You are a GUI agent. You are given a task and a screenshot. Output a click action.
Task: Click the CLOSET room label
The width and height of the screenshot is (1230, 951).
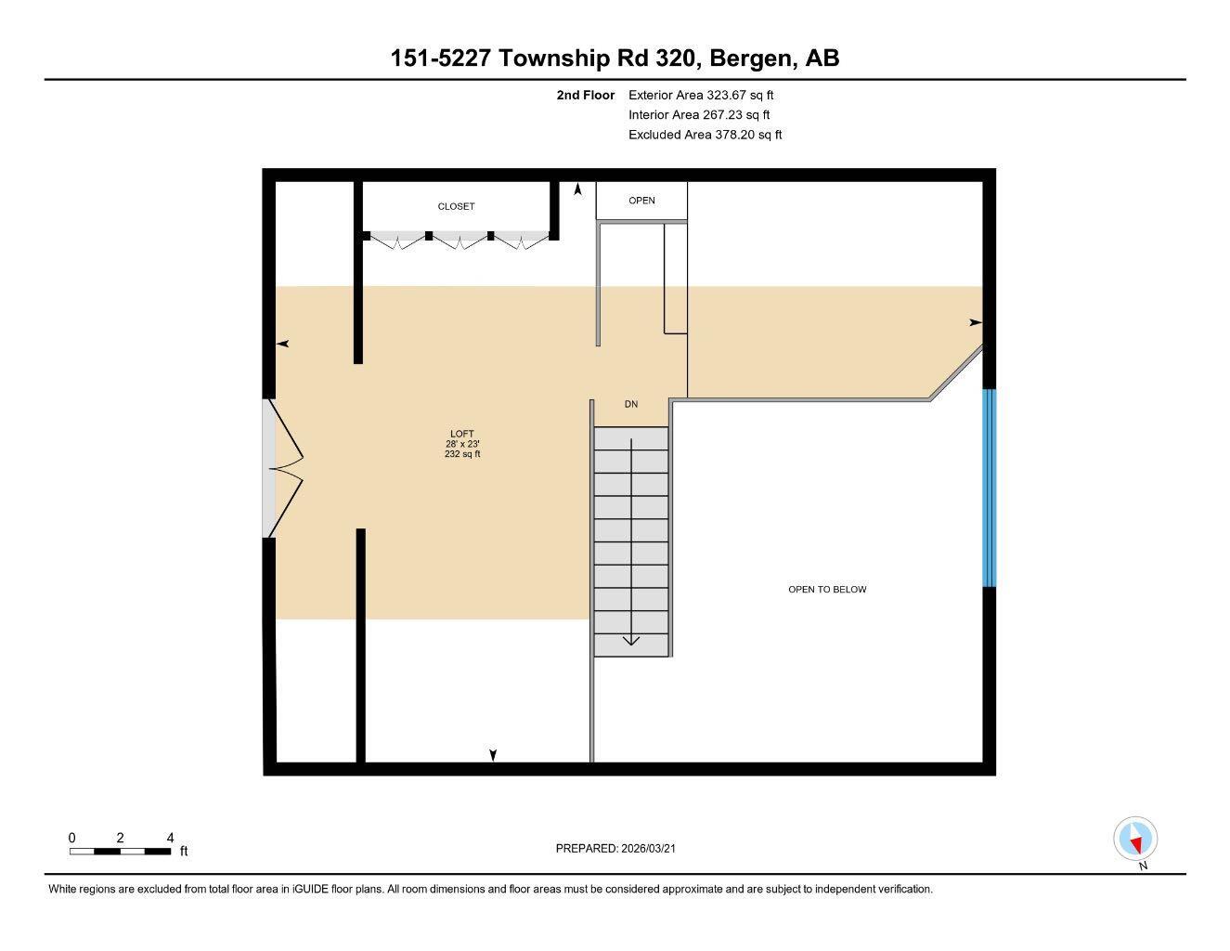(x=456, y=206)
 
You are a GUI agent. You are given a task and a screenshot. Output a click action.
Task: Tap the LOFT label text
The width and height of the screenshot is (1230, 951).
(x=462, y=434)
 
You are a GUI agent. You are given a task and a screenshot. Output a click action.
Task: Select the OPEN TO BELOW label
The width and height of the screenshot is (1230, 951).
(x=827, y=590)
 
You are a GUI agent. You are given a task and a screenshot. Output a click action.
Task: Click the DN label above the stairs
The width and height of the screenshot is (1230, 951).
(x=631, y=404)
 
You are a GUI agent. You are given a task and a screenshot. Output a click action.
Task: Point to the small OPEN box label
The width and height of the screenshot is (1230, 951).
(x=641, y=201)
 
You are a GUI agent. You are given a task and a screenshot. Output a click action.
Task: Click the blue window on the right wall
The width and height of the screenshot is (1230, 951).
(x=990, y=488)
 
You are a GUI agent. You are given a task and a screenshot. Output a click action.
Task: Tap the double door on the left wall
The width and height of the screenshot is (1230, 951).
(x=282, y=468)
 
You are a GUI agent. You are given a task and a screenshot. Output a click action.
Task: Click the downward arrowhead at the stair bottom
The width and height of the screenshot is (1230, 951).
(x=631, y=640)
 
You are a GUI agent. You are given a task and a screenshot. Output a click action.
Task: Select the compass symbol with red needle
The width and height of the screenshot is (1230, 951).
(x=1135, y=840)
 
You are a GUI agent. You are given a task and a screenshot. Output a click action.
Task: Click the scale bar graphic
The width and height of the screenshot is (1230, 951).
(x=120, y=851)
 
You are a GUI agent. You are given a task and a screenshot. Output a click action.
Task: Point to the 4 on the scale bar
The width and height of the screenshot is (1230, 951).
(x=170, y=838)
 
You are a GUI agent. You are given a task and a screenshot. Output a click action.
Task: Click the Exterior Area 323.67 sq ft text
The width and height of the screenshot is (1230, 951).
(x=701, y=95)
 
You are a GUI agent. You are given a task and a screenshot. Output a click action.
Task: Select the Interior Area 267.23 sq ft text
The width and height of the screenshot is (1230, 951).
(x=699, y=115)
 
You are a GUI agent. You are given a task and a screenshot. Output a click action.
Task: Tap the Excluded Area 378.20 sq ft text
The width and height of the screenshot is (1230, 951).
(x=705, y=135)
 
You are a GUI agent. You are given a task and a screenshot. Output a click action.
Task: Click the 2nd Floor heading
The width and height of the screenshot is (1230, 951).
(x=586, y=95)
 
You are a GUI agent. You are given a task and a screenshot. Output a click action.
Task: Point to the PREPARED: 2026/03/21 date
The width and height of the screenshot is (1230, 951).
(x=622, y=848)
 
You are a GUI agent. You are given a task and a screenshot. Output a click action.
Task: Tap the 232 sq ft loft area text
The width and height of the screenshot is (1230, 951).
(x=462, y=454)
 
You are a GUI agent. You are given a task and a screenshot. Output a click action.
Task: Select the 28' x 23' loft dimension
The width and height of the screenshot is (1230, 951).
(x=462, y=444)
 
